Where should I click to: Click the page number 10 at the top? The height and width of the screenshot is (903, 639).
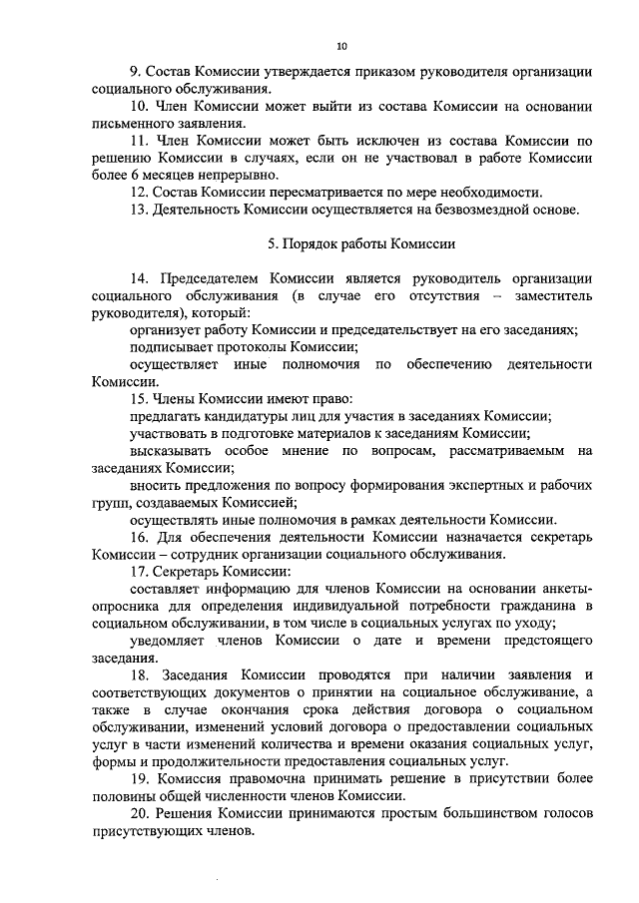(342, 47)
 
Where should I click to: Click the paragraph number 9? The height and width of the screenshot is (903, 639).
(135, 74)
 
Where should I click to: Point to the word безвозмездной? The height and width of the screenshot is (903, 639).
(458, 210)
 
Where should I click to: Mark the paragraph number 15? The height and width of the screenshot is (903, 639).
(139, 399)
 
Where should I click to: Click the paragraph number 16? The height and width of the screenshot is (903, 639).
(139, 537)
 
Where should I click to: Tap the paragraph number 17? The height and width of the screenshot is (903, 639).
(139, 572)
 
